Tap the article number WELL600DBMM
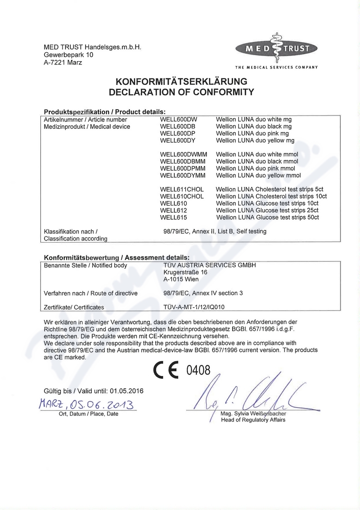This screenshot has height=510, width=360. coord(183,161)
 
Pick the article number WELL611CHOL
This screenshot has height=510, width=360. coord(182,190)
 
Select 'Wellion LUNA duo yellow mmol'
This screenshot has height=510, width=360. coord(258,175)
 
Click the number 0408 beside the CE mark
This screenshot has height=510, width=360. coord(198,370)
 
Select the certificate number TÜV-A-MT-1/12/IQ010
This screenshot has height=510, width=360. coord(194,307)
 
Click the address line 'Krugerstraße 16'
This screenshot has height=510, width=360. coord(185,273)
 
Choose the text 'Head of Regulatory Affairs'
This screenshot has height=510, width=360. coord(253,420)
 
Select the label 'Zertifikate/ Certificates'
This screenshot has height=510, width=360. coord(74,307)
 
